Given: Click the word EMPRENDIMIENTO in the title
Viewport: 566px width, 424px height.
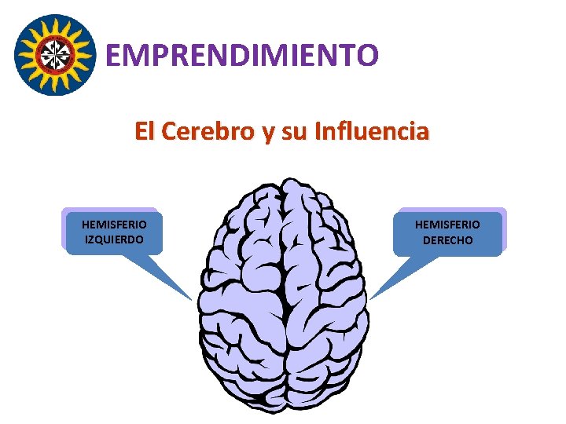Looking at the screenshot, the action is (242, 55).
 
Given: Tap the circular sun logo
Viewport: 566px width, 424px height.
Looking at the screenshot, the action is (54, 54).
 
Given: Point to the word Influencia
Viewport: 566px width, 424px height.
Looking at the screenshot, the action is (371, 131).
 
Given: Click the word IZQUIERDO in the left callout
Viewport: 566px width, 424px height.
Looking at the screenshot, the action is (114, 239).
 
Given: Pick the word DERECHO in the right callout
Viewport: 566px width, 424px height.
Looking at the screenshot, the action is (448, 240).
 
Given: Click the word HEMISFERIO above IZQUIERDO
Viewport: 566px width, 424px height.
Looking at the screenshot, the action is (114, 225).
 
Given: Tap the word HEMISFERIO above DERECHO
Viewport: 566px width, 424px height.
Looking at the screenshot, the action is (448, 225).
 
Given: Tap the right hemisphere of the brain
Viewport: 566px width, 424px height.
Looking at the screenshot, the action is (326, 298).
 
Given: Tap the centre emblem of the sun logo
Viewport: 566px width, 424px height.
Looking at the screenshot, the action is (54, 54).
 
